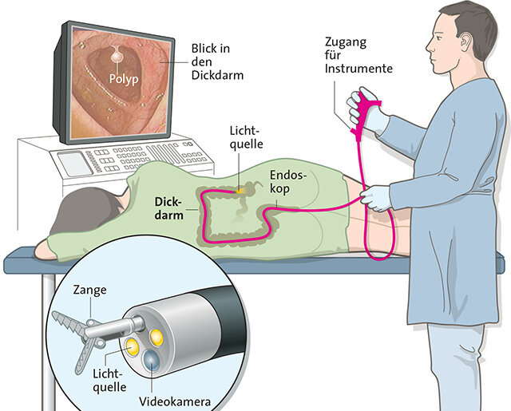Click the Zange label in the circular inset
tap(89, 290)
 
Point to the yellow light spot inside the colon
tap(240, 192)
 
